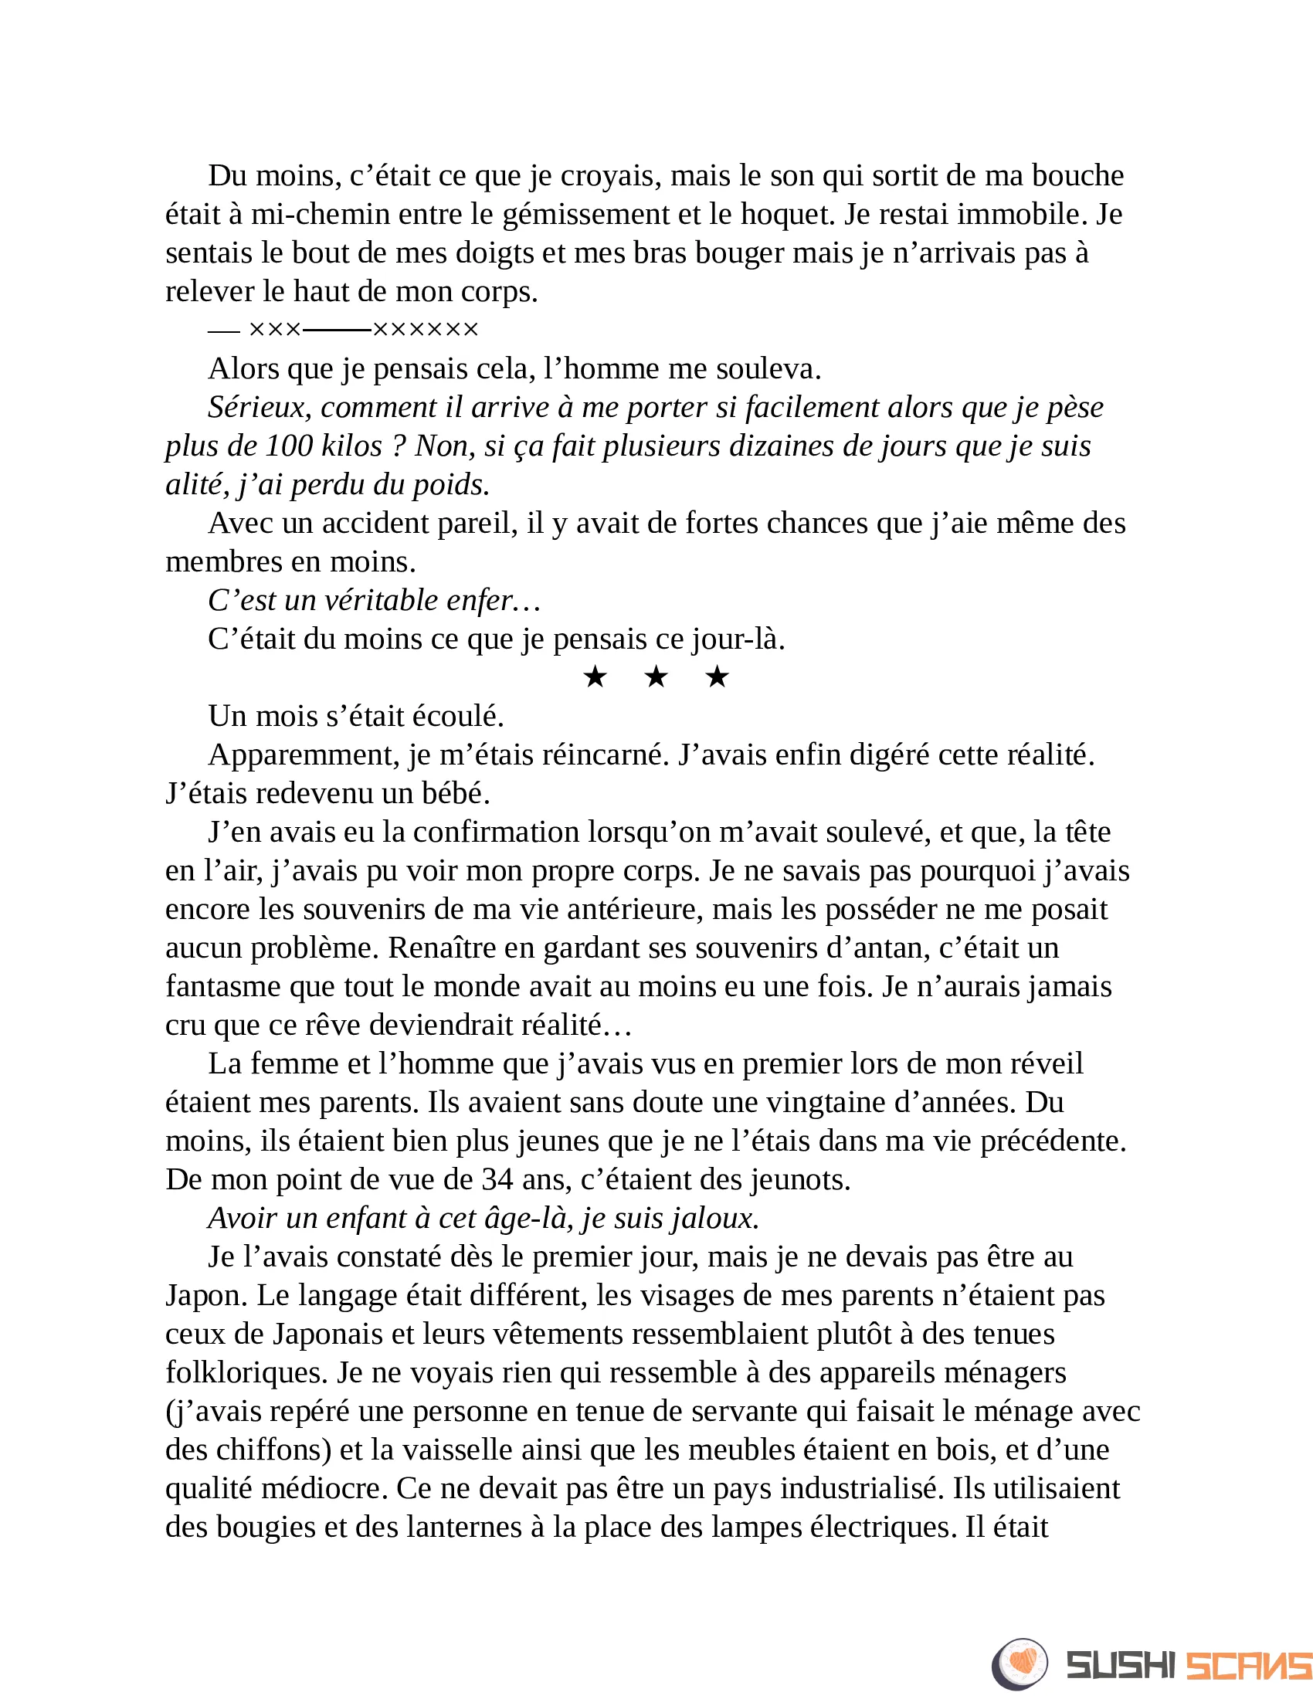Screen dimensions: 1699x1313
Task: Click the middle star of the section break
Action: tap(656, 677)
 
